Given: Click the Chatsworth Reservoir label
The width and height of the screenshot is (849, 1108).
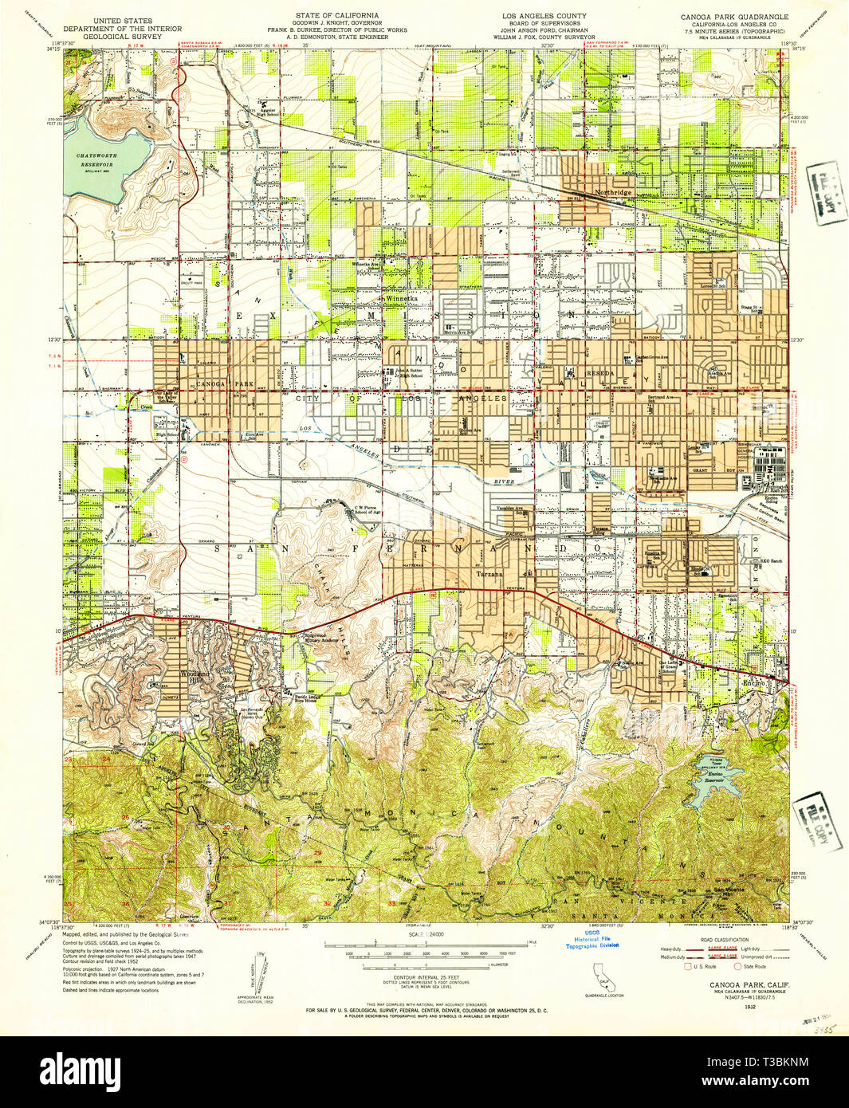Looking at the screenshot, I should pyautogui.click(x=95, y=160).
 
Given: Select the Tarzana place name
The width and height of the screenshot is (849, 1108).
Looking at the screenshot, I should pyautogui.click(x=489, y=574).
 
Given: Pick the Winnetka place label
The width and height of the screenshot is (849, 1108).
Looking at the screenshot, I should pyautogui.click(x=396, y=299).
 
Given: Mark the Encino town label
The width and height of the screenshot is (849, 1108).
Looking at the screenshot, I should pyautogui.click(x=754, y=683).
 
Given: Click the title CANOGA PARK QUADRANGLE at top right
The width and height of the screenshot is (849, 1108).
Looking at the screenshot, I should pyautogui.click(x=733, y=17).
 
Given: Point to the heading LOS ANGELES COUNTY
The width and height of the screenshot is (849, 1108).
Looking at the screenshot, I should pyautogui.click(x=543, y=16).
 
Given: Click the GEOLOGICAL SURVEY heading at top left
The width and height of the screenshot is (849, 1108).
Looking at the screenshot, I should pyautogui.click(x=122, y=36).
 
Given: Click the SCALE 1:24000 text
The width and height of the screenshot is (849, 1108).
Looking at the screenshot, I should pyautogui.click(x=427, y=934).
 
